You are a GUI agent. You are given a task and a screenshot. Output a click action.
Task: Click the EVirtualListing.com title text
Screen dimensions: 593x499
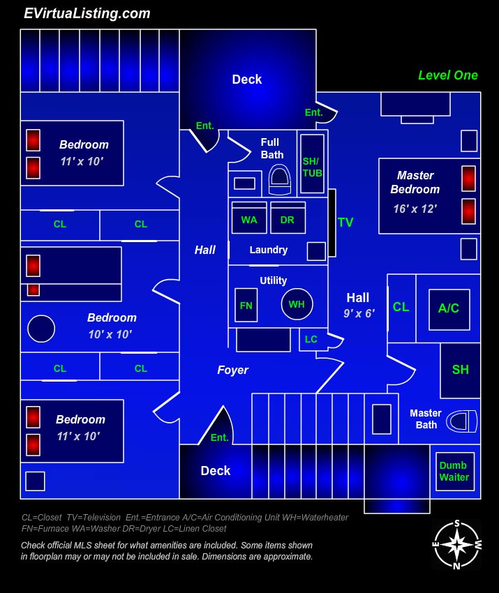tap(87, 13)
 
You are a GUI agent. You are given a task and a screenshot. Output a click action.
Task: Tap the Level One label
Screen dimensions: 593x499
tap(447, 75)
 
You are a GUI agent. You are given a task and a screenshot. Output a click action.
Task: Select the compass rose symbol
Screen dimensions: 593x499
tap(456, 544)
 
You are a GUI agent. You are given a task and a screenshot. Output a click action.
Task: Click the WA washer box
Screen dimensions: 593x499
tap(249, 218)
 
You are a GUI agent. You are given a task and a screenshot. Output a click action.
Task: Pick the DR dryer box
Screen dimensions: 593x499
tap(288, 218)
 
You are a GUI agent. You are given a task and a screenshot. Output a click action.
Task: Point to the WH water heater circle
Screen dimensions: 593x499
tap(297, 304)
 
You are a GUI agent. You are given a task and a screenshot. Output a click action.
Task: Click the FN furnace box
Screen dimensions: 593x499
tap(246, 305)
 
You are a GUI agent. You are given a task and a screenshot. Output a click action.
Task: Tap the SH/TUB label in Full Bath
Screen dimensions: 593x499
tap(312, 167)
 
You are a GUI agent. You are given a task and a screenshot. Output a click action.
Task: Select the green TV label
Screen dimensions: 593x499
tap(345, 223)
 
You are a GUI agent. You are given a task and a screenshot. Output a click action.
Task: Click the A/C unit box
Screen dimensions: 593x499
tap(449, 308)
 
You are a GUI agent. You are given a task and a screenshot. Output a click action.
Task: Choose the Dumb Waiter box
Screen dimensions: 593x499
tap(454, 472)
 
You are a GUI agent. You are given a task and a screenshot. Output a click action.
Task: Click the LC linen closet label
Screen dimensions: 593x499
tap(311, 340)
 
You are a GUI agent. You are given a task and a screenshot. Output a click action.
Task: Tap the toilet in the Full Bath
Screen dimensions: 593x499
tap(279, 180)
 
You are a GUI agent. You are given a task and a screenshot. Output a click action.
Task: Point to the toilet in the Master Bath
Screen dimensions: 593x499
tap(461, 421)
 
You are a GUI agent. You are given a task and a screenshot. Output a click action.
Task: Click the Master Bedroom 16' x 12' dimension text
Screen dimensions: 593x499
tap(415, 209)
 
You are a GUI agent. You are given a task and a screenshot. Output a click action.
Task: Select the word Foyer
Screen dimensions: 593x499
tap(232, 370)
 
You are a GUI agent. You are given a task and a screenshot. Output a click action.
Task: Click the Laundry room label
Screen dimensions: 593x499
tap(269, 250)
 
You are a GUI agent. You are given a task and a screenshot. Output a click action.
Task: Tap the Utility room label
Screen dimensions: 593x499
tap(273, 280)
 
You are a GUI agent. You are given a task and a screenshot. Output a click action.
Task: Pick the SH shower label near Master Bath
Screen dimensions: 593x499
tap(461, 370)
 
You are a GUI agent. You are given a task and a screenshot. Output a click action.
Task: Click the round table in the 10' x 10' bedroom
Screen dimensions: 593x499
tap(41, 328)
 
